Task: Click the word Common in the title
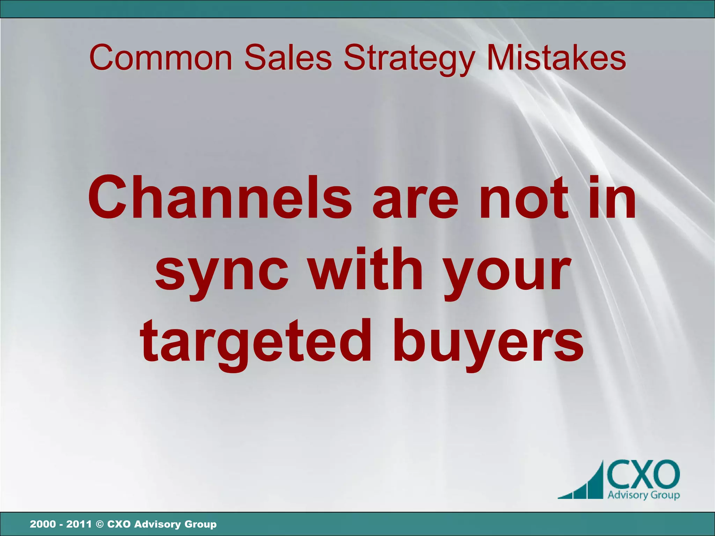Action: pyautogui.click(x=161, y=58)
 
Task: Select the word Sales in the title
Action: pyautogui.click(x=288, y=58)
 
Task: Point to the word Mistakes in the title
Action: pyautogui.click(x=556, y=58)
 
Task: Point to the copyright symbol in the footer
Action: pyautogui.click(x=99, y=524)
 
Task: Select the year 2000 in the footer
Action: pyautogui.click(x=43, y=524)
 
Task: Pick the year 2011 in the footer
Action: pyautogui.click(x=79, y=524)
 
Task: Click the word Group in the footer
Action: pyautogui.click(x=200, y=524)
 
